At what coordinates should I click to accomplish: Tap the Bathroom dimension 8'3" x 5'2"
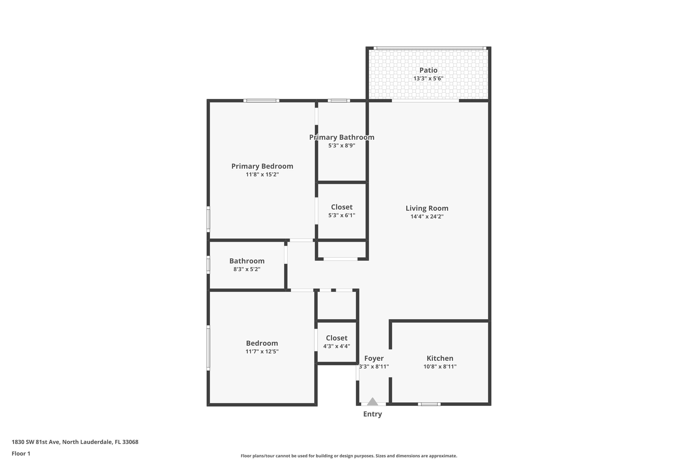(247, 269)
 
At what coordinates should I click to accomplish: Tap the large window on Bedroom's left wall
(208, 348)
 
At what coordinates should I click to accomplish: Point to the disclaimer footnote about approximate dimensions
(349, 456)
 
